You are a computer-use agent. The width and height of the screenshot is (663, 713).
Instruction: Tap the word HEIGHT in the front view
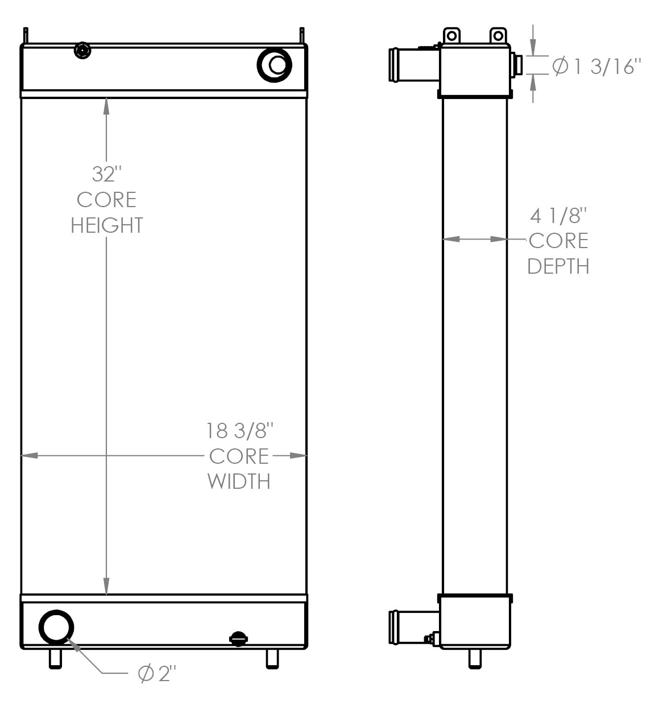click(107, 225)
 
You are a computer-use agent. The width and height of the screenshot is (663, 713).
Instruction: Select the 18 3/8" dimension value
click(239, 431)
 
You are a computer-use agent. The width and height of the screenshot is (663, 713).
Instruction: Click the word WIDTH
click(239, 481)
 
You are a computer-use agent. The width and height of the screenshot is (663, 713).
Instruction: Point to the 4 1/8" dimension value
click(558, 216)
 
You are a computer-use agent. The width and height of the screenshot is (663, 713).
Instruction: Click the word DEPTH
click(558, 266)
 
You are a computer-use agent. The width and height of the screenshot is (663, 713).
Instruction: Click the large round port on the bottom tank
click(56, 627)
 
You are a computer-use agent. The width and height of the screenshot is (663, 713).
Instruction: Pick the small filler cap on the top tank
click(83, 51)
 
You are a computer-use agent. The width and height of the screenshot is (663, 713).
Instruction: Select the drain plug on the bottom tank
click(238, 638)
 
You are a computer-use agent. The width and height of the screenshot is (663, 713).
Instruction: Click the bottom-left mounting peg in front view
click(55, 659)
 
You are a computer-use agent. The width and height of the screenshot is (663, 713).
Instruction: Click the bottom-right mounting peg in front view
click(272, 659)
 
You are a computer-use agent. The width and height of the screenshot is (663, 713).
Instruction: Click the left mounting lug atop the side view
click(451, 36)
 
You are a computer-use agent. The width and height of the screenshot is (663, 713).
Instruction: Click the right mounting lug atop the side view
click(498, 36)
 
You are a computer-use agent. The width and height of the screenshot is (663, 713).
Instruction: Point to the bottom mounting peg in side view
click(475, 659)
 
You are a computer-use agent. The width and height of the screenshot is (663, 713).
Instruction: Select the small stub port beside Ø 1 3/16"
click(517, 64)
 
